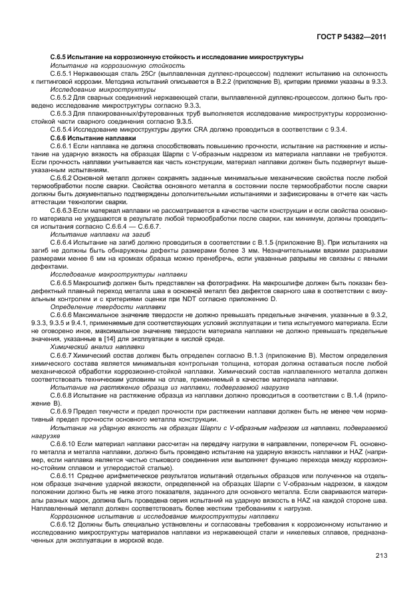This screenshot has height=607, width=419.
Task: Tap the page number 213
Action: coord(380,556)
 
